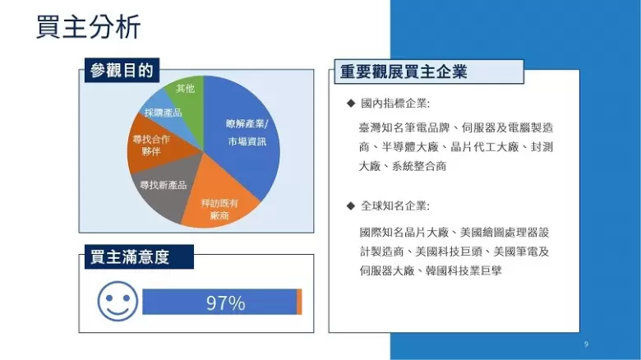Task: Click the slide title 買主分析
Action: (x=88, y=26)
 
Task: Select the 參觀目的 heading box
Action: (x=122, y=71)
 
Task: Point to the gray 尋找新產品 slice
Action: (x=164, y=185)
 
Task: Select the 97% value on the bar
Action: (x=226, y=303)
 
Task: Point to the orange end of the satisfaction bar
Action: (x=299, y=302)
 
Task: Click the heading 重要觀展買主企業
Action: (x=404, y=72)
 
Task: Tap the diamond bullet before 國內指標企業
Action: (x=350, y=103)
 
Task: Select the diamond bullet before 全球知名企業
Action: (x=350, y=205)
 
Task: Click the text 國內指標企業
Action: (x=394, y=104)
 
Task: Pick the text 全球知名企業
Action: (x=394, y=205)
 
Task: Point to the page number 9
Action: (x=586, y=344)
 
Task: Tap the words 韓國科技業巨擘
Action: (x=463, y=270)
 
